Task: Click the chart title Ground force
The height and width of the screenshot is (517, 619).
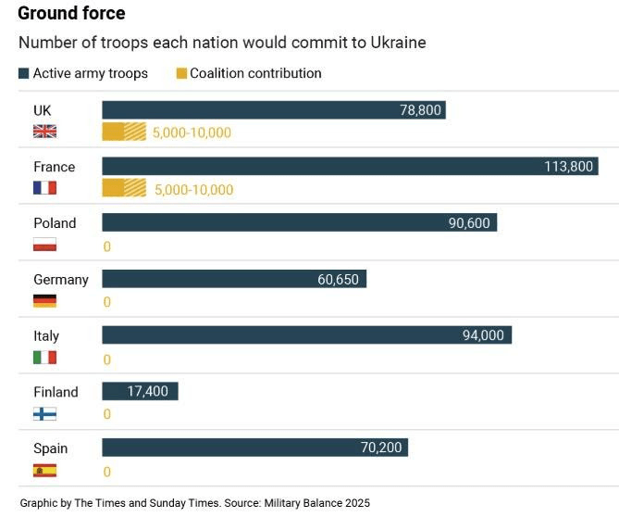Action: point(71,14)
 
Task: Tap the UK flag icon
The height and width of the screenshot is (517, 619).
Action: point(44,132)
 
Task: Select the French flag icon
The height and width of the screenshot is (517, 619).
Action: point(44,188)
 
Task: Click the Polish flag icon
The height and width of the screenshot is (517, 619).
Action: point(44,245)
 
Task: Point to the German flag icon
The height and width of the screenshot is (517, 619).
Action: point(44,301)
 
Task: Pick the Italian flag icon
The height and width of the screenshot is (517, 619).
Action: point(44,358)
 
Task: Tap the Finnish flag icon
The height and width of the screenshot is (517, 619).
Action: point(44,414)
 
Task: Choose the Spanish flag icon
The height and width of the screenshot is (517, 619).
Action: point(44,471)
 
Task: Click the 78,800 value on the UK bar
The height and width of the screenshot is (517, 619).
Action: point(419,110)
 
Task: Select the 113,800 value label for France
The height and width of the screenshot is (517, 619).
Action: point(568,167)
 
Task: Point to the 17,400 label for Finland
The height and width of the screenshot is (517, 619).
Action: point(148,392)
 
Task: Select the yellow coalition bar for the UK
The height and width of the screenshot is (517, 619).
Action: point(124,132)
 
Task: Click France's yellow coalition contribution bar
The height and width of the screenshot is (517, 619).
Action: point(124,188)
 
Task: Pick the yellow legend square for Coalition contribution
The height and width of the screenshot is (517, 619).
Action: point(181,73)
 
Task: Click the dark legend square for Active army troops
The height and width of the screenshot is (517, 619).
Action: point(24,73)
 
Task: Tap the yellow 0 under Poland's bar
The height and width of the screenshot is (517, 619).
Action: point(107,246)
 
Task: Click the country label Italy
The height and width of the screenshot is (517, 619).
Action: point(46,336)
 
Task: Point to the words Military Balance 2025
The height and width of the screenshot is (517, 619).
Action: point(318,503)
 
